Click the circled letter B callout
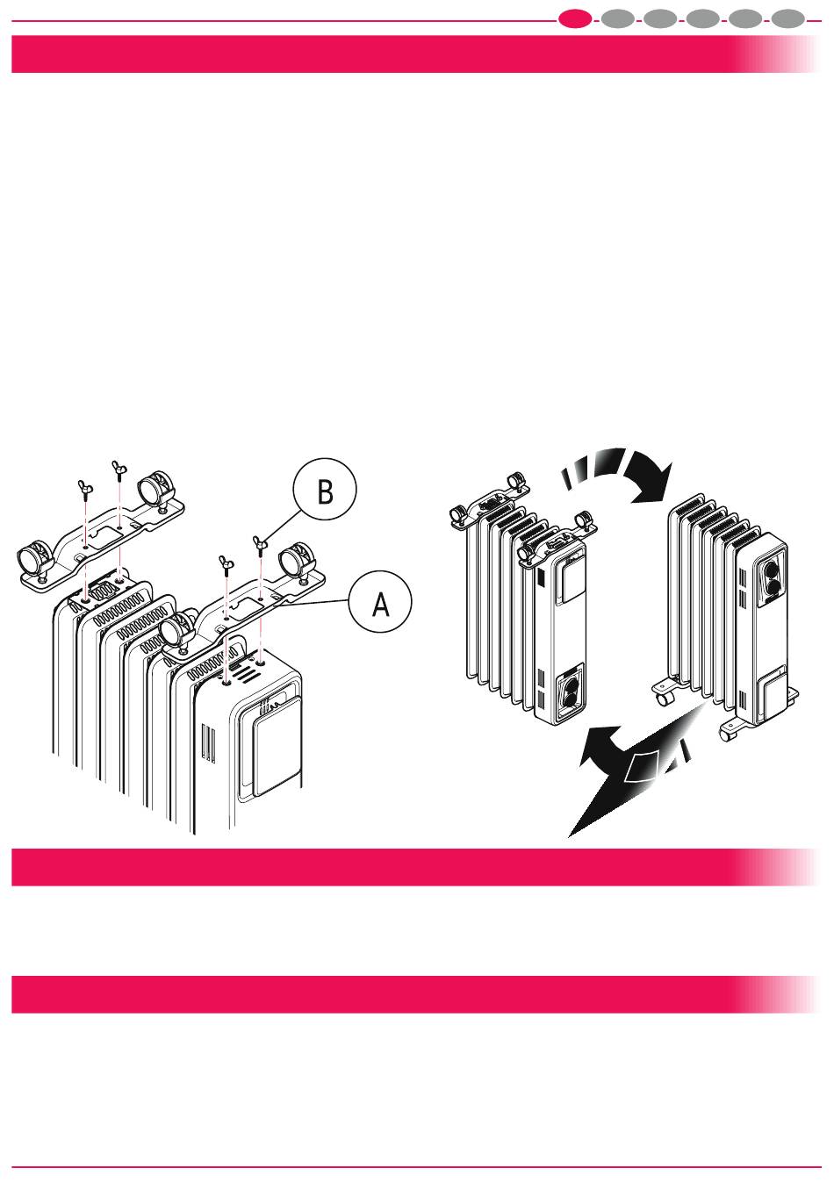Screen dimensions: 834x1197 (x=325, y=489)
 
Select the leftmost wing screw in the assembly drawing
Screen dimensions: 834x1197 (x=84, y=488)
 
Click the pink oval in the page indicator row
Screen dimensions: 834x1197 (x=575, y=20)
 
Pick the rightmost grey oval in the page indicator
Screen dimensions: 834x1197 (x=788, y=20)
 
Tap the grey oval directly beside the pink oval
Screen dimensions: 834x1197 (x=617, y=20)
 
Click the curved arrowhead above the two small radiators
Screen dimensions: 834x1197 (x=651, y=479)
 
